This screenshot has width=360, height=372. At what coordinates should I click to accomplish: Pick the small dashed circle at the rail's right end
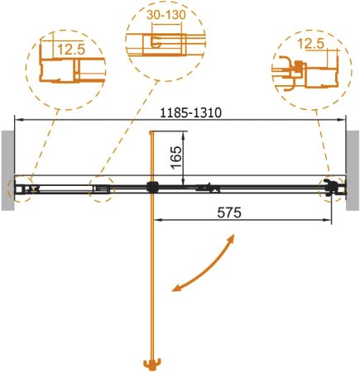[x=333, y=188]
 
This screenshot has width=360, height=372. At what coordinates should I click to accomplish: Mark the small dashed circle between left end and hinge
[x=100, y=188]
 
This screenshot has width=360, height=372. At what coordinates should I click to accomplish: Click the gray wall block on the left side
[x=6, y=169]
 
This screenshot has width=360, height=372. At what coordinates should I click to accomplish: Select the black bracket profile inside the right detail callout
[x=286, y=73]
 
